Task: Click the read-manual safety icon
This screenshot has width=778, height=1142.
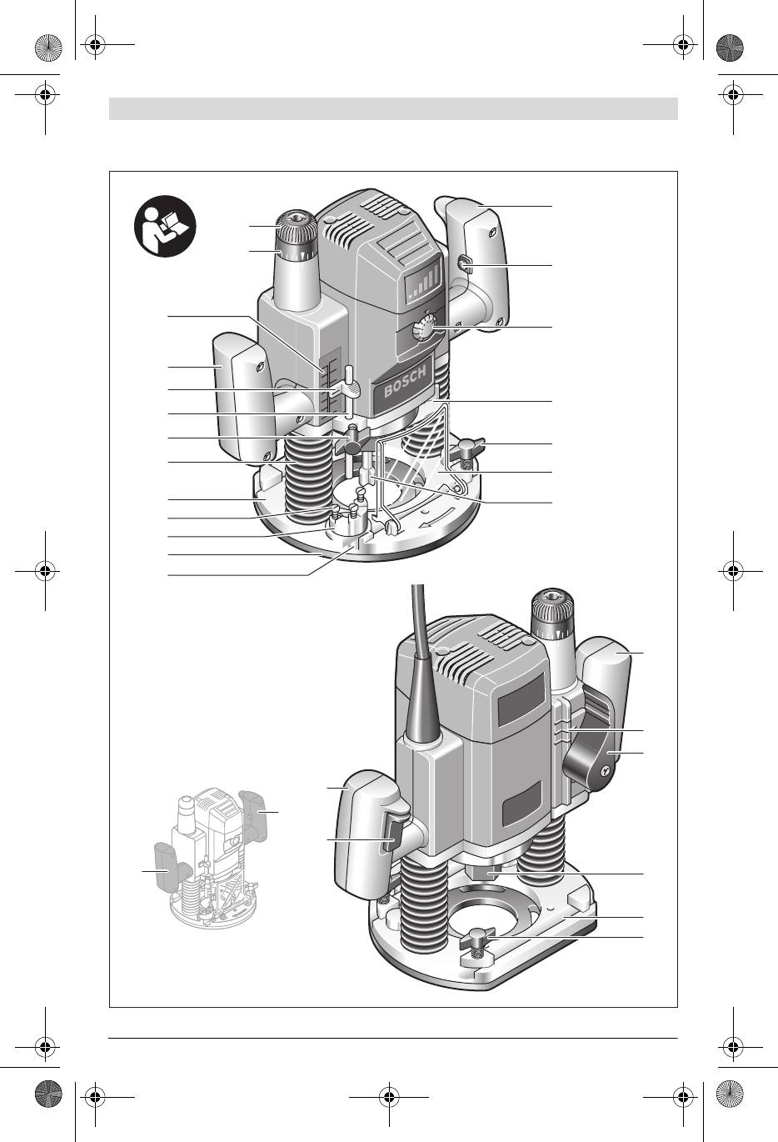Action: (165, 227)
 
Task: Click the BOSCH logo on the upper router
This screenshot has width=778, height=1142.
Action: (405, 382)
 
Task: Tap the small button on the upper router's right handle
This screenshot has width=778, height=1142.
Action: (465, 264)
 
